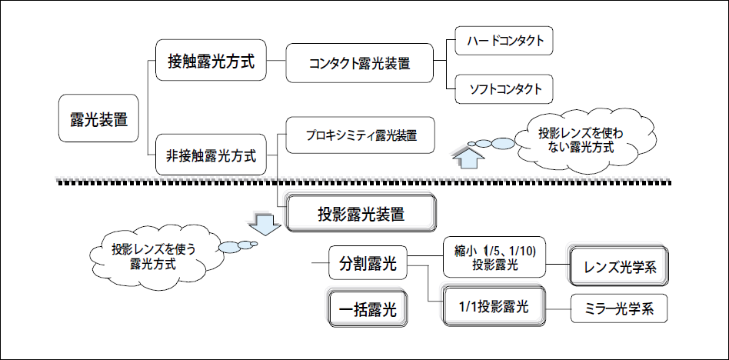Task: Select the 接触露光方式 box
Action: click(x=211, y=61)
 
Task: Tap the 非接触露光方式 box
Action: click(x=211, y=155)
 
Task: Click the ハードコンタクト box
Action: click(x=504, y=40)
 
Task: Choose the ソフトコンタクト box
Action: click(x=504, y=88)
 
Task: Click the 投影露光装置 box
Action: click(x=361, y=213)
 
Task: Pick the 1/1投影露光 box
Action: click(x=495, y=305)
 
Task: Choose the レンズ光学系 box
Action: click(x=618, y=266)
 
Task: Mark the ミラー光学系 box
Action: click(x=618, y=309)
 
